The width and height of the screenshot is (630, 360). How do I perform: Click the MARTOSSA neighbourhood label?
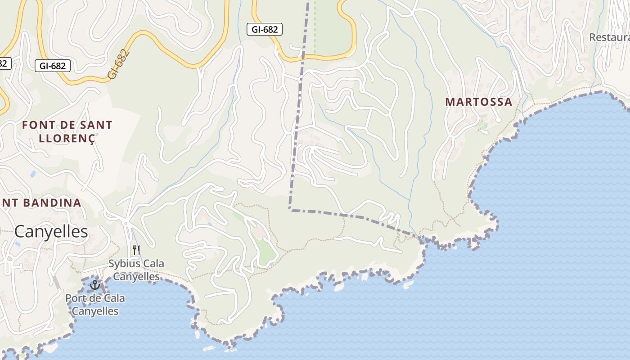pos(479,102)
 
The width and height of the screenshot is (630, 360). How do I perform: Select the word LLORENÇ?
pos(67,138)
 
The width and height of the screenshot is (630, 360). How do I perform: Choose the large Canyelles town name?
pos(51,231)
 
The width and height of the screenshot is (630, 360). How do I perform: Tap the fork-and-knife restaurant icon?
pos(136,250)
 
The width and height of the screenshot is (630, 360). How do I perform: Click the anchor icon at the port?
pos(94,284)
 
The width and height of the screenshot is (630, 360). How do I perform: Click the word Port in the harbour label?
pos(76,298)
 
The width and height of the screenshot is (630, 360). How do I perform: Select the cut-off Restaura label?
pos(609,37)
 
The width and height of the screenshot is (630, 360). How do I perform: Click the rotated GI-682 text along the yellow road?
pos(119,65)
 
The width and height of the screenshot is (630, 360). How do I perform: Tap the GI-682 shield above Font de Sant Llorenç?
pos(53,66)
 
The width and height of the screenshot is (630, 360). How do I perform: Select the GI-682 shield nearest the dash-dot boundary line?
pos(265,30)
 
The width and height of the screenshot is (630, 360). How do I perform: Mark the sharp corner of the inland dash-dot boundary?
pos(290,209)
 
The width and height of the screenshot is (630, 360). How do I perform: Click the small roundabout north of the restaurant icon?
pos(126,223)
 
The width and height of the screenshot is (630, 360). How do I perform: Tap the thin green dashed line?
pos(315,27)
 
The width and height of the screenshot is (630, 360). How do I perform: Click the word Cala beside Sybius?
pos(153,263)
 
